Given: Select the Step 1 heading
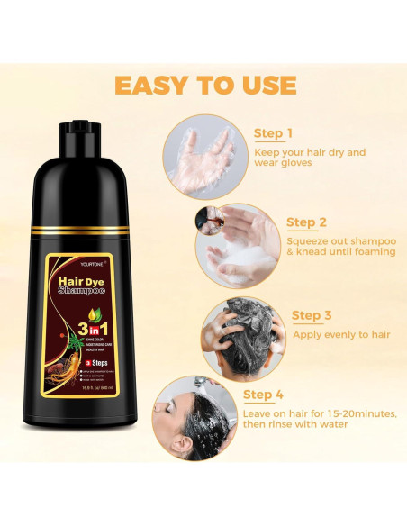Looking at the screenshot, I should [273, 133].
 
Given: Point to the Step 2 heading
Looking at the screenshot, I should [306, 222].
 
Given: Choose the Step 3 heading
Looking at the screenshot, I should [312, 315].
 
